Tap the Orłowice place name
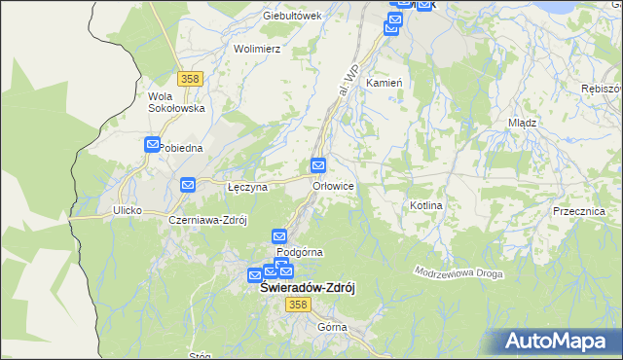coord(332,186)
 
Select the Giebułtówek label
coord(291,17)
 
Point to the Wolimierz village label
coord(257,48)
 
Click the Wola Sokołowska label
coord(174,102)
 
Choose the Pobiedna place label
coord(180,148)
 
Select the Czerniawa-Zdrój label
coord(208,220)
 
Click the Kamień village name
coord(384,84)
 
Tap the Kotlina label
coord(426,206)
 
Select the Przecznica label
coord(578,211)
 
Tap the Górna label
coord(332,327)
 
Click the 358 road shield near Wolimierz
coord(191,78)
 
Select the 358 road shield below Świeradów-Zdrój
coord(298,306)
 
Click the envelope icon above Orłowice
coord(318,165)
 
